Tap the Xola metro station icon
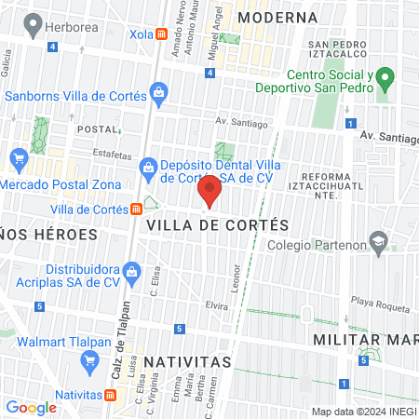162,35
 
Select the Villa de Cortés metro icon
137,209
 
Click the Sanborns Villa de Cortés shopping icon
159,92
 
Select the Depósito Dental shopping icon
147,168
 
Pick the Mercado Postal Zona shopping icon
17,158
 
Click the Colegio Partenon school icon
378,243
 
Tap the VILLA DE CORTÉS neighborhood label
213,224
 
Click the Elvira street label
217,304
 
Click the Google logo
32,407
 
